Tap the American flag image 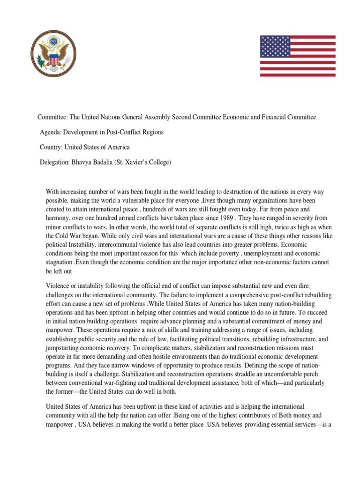pos(298,55)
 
